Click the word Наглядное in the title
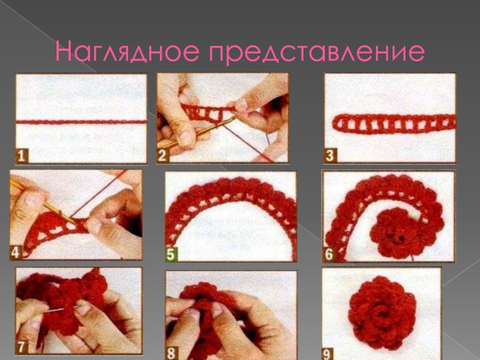127,51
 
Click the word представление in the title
317,52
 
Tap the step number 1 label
22,156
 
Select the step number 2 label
162,155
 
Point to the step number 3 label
330,155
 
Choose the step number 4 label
16,253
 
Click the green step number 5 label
171,254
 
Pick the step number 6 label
328,254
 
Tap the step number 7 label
21,347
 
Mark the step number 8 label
171,353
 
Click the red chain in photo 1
82,122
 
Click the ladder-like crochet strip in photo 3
394,124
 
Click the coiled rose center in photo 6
395,233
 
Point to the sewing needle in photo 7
63,309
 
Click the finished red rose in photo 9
382,313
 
